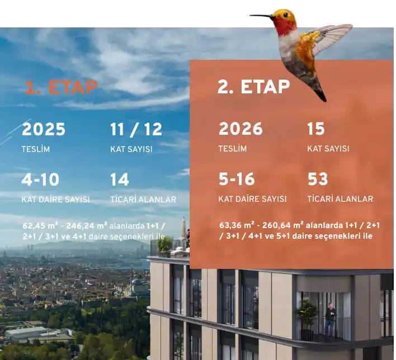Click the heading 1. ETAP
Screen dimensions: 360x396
61,87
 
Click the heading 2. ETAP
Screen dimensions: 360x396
253,87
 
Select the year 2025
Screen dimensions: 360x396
44,130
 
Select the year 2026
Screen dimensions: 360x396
241,129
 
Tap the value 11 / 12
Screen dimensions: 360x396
136,130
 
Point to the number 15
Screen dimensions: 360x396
316,129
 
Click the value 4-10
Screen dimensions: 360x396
40,179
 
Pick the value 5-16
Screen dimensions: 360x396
237,179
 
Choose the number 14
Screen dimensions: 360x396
120,179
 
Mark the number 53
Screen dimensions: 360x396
318,179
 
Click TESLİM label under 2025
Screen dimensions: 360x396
36,149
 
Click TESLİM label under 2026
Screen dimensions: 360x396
233,149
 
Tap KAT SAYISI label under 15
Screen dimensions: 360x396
328,149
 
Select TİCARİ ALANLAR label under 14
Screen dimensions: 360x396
143,200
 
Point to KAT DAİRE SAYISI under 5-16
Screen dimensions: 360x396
252,199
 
